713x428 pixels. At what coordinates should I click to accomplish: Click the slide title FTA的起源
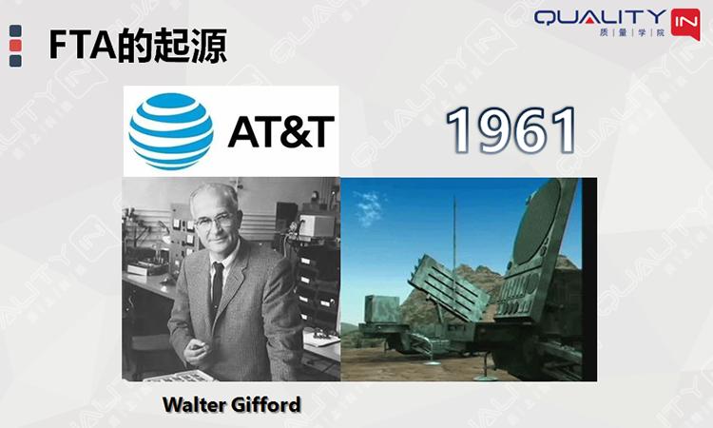click(x=138, y=45)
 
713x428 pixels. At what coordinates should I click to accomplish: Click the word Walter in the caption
click(x=193, y=405)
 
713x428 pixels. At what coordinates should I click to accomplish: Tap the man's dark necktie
click(x=218, y=285)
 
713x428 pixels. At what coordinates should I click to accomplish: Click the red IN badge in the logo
click(x=684, y=22)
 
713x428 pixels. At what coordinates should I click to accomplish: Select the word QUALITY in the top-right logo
click(x=601, y=18)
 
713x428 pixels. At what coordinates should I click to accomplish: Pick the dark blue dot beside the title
click(x=15, y=61)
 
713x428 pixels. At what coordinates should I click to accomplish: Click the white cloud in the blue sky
click(x=368, y=203)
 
